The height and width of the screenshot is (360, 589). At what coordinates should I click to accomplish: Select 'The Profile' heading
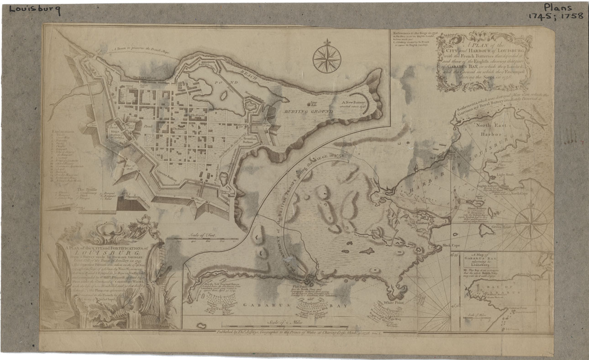click(x=87, y=188)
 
